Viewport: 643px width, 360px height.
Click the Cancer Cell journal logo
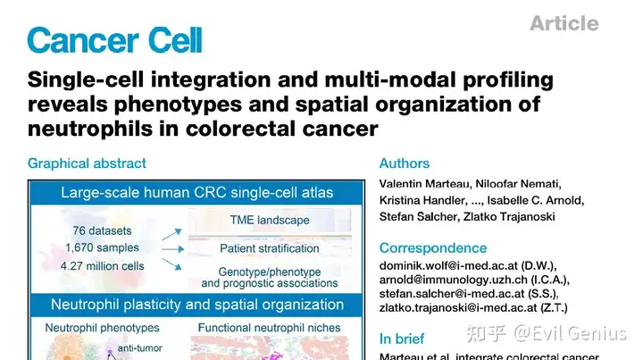(x=115, y=39)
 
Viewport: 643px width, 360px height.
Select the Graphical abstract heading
(x=87, y=163)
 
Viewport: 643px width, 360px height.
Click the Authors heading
(x=405, y=163)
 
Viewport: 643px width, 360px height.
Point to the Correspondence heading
(x=433, y=247)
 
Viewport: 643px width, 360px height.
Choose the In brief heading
(x=402, y=339)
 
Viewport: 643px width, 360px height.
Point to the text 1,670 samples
(x=103, y=247)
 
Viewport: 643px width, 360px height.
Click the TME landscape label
(x=269, y=220)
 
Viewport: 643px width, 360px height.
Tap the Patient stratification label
(x=269, y=247)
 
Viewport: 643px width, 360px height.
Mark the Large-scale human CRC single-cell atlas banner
(x=196, y=192)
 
